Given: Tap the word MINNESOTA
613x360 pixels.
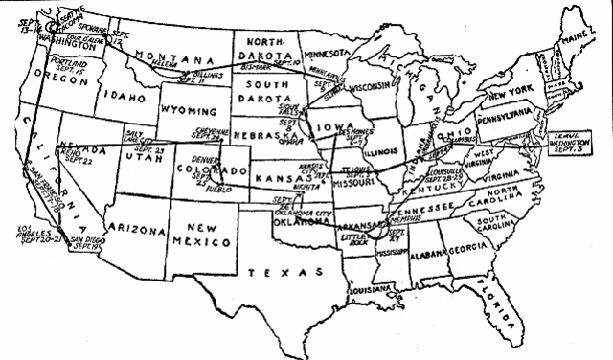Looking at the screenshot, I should (x=326, y=44).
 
